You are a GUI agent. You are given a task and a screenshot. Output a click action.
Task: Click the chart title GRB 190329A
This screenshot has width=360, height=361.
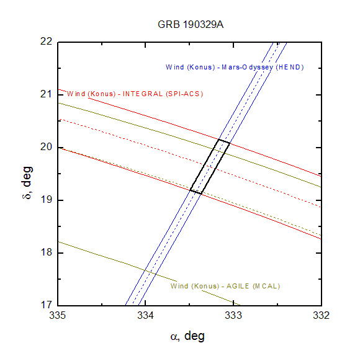[191, 24]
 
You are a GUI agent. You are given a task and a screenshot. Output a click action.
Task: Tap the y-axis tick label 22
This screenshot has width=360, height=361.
[47, 42]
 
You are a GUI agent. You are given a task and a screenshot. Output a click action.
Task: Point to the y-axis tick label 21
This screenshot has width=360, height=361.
[46, 94]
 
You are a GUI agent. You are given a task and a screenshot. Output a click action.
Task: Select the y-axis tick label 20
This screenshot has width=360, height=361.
[47, 147]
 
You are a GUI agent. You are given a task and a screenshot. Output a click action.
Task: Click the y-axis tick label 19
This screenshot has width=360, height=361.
[47, 200]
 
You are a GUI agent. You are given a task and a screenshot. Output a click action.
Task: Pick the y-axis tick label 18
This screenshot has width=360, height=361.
[47, 252]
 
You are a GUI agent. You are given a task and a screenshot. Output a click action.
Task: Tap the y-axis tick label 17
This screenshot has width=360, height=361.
[47, 305]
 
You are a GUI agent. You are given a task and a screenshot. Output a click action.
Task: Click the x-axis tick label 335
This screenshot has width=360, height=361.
[58, 315]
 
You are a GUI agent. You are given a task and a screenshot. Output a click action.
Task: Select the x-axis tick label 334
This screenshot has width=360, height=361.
[146, 315]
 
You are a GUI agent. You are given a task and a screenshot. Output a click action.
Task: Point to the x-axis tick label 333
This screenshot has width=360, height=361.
[233, 315]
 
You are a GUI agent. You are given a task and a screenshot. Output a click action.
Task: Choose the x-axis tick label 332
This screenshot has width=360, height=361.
[321, 315]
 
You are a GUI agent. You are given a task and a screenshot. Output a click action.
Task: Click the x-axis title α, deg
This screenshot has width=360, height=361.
[187, 336]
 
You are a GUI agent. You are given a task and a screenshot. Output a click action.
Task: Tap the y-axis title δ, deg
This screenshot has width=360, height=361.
[27, 182]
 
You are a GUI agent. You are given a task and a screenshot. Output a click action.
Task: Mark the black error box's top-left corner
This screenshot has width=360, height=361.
[218, 140]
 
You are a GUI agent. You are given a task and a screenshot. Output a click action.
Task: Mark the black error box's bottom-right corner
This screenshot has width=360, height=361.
[201, 194]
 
